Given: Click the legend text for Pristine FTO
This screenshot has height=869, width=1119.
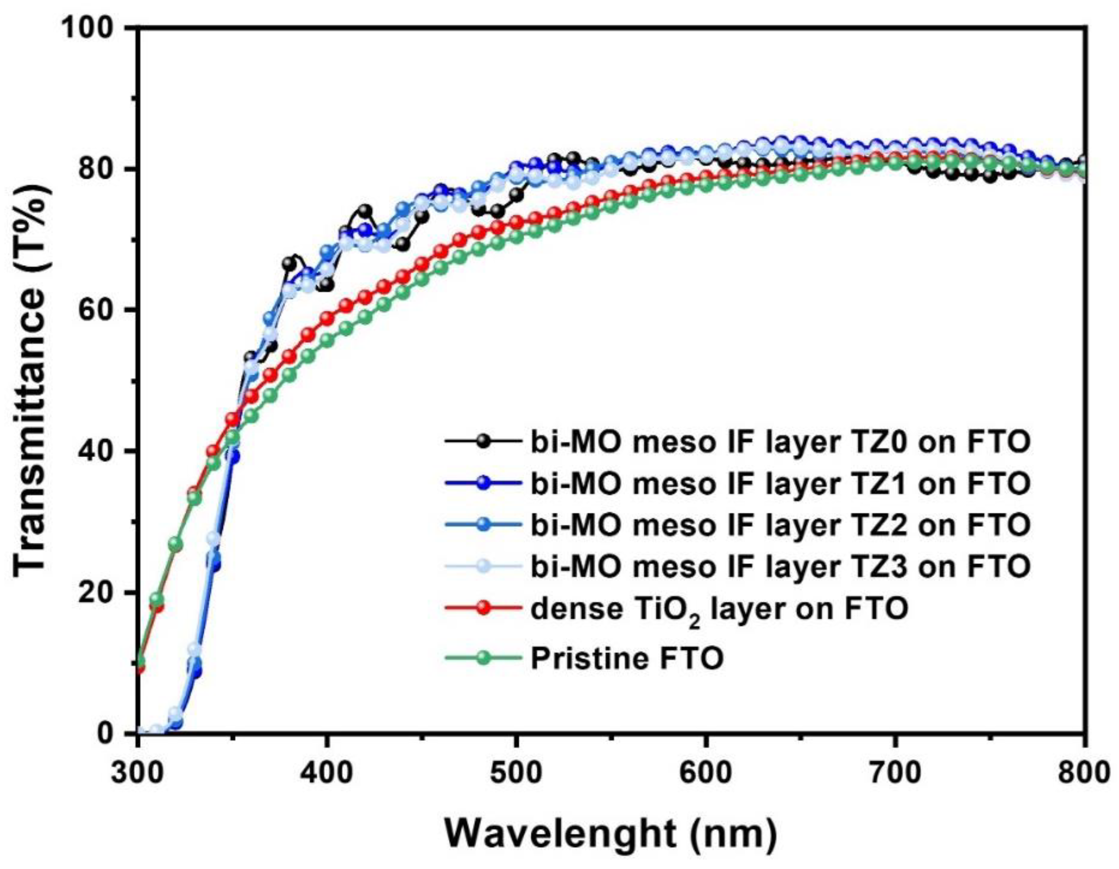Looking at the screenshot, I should click(626, 658).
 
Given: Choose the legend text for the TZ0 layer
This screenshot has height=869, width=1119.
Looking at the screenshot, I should click(780, 442).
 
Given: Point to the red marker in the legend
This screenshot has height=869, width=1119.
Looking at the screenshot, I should click(481, 608).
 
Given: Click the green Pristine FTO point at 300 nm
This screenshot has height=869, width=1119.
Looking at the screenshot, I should click(139, 660).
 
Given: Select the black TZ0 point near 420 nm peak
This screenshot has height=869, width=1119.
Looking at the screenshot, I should click(365, 211).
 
